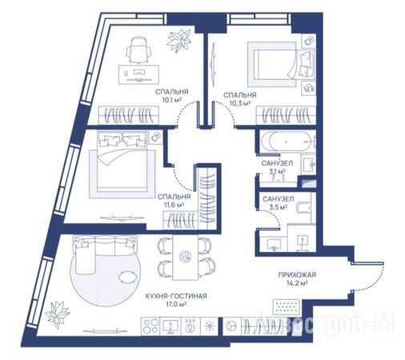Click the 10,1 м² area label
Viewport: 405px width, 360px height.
(x=172, y=100)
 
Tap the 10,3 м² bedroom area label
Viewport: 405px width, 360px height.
(x=240, y=103)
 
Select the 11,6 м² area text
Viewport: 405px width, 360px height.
(x=174, y=205)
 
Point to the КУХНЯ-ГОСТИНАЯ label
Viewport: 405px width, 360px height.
(x=176, y=296)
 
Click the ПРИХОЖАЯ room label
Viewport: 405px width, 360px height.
(x=297, y=274)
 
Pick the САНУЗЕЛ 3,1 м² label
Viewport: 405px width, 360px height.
(x=277, y=167)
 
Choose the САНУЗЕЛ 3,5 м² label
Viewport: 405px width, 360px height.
(x=278, y=202)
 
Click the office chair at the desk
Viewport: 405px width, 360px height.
(x=138, y=50)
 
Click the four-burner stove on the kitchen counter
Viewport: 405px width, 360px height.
(x=150, y=326)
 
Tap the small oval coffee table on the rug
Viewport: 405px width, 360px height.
(x=127, y=277)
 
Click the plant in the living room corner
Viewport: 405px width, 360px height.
(x=57, y=314)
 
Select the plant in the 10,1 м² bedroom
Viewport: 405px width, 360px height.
(x=178, y=41)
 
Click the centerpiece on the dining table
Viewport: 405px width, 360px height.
(x=185, y=257)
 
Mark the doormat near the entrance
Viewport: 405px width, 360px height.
(x=287, y=307)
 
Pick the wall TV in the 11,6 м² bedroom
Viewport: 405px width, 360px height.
(x=122, y=218)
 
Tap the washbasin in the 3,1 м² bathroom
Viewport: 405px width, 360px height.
(x=308, y=164)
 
